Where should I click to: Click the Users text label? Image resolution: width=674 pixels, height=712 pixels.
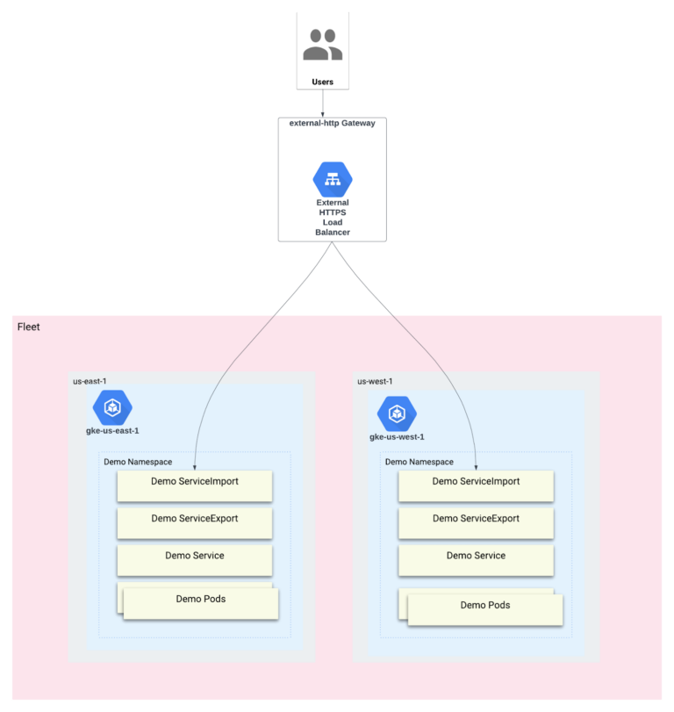coord(322,83)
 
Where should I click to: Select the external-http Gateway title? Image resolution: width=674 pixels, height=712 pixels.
coord(332,123)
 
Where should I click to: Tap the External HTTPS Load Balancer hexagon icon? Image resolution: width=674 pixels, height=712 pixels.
coord(332,179)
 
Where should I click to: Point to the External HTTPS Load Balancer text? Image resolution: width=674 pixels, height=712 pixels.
coord(332,218)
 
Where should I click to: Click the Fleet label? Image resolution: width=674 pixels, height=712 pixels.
coord(28,327)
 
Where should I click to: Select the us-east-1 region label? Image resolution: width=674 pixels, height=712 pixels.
coord(90,381)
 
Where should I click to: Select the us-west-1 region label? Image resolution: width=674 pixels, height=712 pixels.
coord(374,381)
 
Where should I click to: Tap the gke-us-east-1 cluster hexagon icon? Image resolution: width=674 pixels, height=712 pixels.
coord(112,407)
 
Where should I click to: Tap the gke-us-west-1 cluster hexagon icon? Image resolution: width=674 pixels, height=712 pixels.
coord(397,413)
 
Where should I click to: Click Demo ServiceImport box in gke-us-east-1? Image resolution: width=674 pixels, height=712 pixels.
coord(195,483)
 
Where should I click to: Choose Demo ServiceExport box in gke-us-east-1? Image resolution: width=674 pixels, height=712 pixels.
coord(195,520)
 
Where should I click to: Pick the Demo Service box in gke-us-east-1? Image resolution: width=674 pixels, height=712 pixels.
coord(195,557)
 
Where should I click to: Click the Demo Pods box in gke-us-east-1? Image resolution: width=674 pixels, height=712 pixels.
coord(200,601)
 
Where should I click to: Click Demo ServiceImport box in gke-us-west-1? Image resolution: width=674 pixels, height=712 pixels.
coord(476,483)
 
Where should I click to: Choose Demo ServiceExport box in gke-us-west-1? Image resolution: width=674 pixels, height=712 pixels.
coord(476,520)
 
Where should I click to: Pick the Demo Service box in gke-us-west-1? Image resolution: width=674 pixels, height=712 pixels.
coord(476,557)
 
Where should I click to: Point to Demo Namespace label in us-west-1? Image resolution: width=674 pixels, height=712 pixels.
coord(419,462)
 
